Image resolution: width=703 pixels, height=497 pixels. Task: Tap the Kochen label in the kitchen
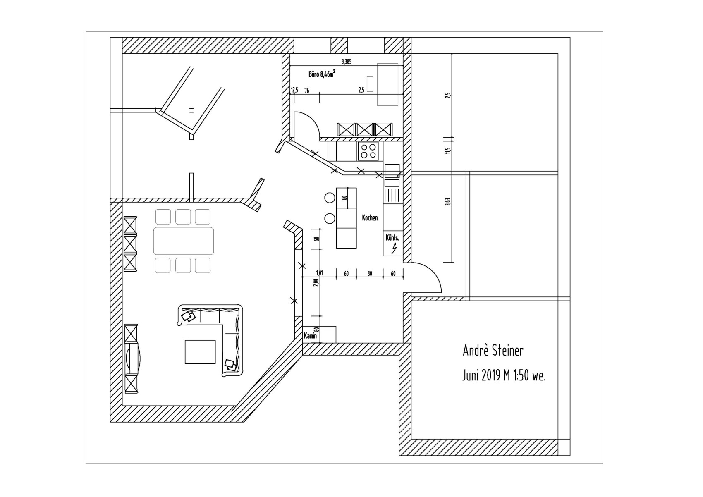[370, 218]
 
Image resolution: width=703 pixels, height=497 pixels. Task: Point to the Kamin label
[310, 336]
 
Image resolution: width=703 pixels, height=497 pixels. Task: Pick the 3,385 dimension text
[347, 62]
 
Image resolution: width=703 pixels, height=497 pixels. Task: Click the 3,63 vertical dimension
[448, 201]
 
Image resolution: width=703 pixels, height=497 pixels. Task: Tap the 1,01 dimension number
[320, 273]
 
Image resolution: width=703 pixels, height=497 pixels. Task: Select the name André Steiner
[493, 351]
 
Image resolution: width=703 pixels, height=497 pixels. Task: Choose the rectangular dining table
[184, 241]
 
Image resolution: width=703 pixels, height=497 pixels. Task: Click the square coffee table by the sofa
[200, 352]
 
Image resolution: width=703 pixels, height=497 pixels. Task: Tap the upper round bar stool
[330, 198]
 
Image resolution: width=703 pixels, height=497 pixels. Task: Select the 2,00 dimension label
[316, 283]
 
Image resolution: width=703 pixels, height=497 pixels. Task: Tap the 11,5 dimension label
[448, 150]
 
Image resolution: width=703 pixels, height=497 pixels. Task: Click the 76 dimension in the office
[306, 91]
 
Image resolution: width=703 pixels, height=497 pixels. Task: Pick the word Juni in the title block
[470, 375]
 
